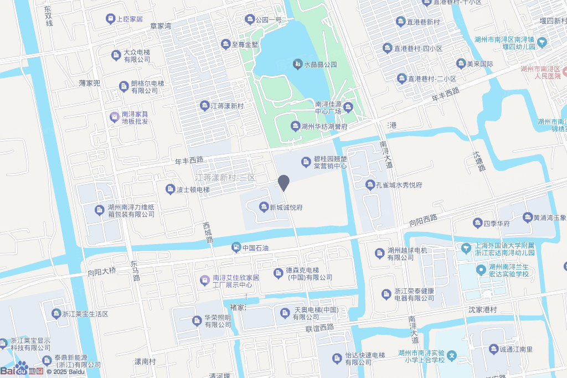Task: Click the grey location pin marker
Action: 283,182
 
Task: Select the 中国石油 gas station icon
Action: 236,247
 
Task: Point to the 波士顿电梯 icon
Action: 171,189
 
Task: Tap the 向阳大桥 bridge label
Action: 102,271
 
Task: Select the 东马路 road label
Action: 135,271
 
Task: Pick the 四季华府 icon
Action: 477,223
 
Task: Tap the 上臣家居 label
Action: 130,19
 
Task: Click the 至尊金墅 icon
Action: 225,44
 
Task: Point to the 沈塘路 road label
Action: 478,160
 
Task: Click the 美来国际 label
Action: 480,64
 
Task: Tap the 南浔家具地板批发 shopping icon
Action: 115,117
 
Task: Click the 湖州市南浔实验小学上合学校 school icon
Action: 452,354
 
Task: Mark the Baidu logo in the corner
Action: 22,369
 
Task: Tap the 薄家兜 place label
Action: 90,83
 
